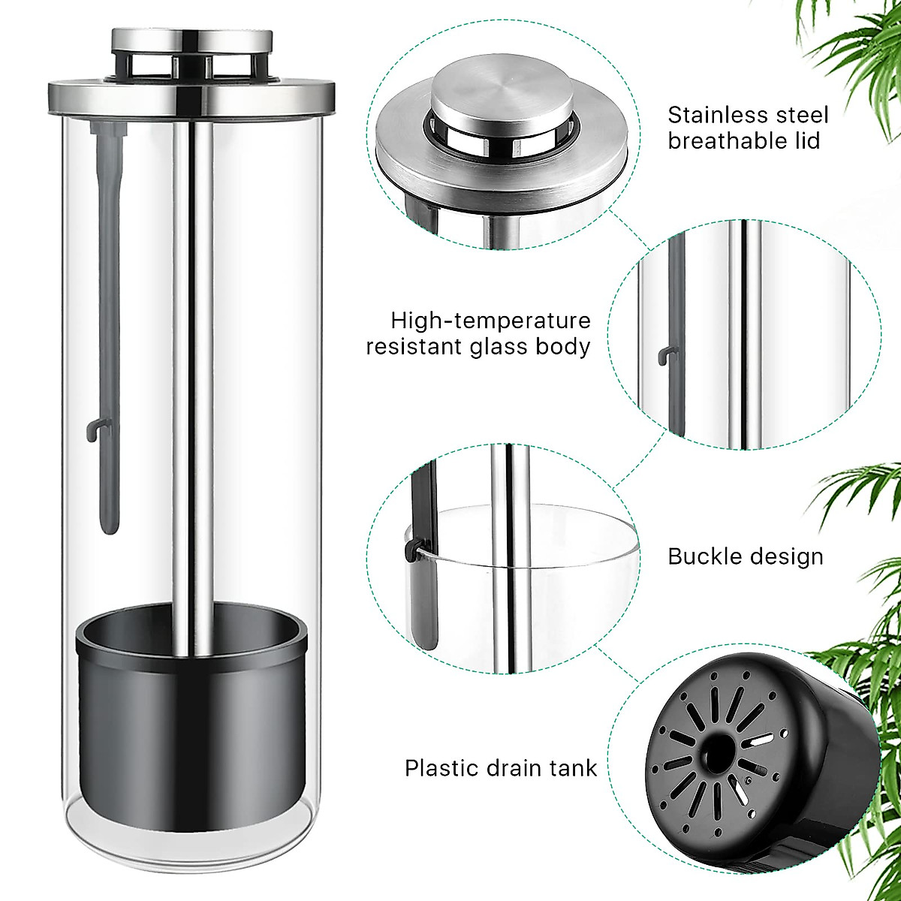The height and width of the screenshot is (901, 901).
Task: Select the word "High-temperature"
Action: (490, 321)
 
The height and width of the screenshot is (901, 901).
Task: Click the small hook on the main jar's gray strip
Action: (93, 432)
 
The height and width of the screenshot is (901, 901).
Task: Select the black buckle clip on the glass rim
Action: (413, 552)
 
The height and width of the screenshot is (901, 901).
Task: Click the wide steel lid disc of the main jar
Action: (192, 94)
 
